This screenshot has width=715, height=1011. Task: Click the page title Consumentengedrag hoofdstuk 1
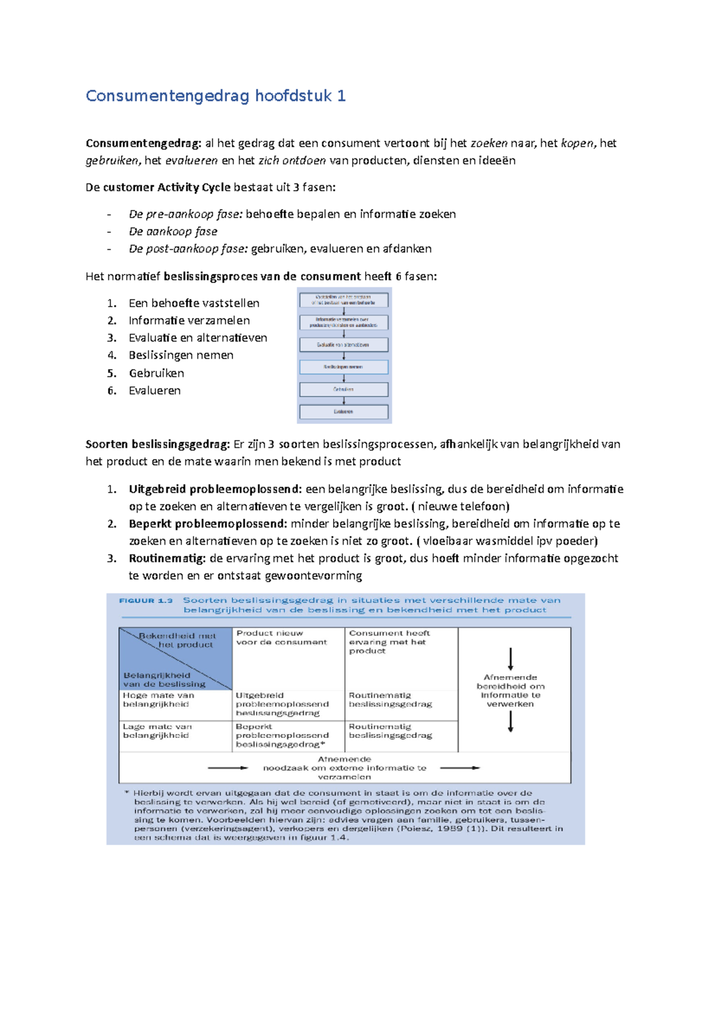click(216, 96)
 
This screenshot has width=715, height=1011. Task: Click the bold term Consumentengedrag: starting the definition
click(144, 143)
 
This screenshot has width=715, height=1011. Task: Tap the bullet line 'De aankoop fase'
click(173, 231)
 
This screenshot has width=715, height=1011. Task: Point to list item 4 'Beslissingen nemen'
click(181, 355)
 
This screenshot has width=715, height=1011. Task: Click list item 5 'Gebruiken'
click(156, 373)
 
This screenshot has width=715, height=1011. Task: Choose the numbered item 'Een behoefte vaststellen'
click(194, 303)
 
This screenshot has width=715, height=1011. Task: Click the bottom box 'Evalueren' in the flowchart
click(344, 411)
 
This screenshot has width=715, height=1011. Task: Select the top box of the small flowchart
click(344, 299)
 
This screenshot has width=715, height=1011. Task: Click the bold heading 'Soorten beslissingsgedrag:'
click(157, 444)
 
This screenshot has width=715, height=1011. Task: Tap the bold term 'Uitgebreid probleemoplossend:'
click(215, 489)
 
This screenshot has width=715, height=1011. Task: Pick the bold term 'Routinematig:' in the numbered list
click(167, 558)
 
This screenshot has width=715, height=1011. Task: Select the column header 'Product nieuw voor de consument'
click(281, 638)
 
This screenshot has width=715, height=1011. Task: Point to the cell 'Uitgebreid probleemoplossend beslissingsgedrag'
click(282, 704)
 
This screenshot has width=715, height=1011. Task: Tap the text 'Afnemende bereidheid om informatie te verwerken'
click(510, 691)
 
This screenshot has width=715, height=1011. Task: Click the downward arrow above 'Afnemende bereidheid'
click(511, 659)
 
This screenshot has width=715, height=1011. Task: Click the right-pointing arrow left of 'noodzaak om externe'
click(228, 768)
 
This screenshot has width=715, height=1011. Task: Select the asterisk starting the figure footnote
click(127, 792)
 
